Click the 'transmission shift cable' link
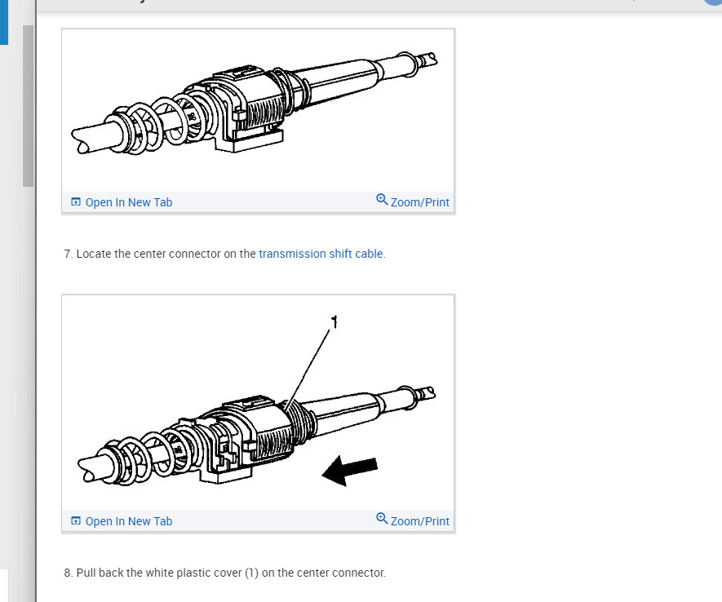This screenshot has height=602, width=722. pyautogui.click(x=321, y=254)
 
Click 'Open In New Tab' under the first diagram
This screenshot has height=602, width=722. pyautogui.click(x=128, y=202)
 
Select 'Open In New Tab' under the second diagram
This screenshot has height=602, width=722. pyautogui.click(x=128, y=521)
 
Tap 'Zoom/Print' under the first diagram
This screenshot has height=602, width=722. pyautogui.click(x=419, y=202)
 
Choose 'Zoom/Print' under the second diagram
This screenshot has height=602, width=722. pyautogui.click(x=419, y=521)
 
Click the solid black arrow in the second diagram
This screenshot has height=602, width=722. pyautogui.click(x=350, y=471)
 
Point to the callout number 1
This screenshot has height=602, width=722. pyautogui.click(x=334, y=321)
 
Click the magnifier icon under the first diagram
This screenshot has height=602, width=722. pyautogui.click(x=382, y=200)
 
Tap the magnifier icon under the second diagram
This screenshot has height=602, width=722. pyautogui.click(x=382, y=519)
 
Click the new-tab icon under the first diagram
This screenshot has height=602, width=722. pyautogui.click(x=76, y=201)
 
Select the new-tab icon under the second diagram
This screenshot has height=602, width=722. pyautogui.click(x=76, y=520)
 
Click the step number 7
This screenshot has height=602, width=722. pyautogui.click(x=69, y=254)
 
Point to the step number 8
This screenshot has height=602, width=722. pyautogui.click(x=69, y=573)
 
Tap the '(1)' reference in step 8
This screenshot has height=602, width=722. pyautogui.click(x=251, y=573)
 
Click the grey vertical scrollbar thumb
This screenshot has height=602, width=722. pyautogui.click(x=28, y=106)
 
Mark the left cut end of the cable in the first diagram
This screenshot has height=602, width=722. pyautogui.click(x=78, y=140)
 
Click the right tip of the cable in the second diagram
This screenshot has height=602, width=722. pyautogui.click(x=433, y=392)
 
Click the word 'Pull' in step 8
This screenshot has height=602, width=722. pyautogui.click(x=86, y=573)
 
